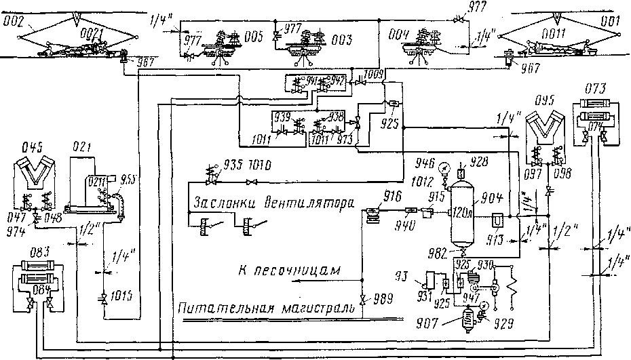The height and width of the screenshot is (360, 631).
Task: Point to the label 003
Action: tap(343, 40)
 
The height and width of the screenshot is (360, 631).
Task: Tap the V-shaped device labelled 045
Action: tap(33, 174)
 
